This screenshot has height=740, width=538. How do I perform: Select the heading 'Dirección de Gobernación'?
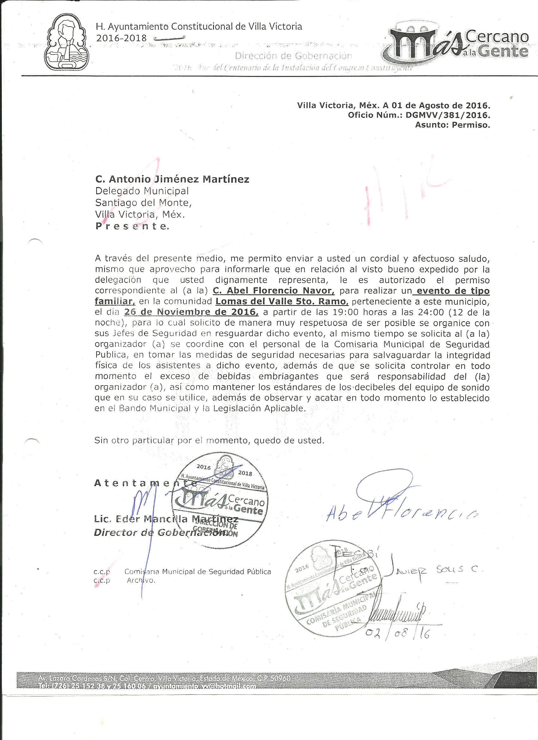pyautogui.click(x=294, y=56)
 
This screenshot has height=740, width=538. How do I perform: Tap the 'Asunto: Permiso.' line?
pyautogui.click(x=452, y=125)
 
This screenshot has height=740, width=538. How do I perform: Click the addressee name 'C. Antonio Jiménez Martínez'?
pyautogui.click(x=172, y=179)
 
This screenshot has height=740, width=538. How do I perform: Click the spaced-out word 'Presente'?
pyautogui.click(x=132, y=226)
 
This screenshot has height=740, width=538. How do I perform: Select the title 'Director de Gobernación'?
pyautogui.click(x=160, y=533)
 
